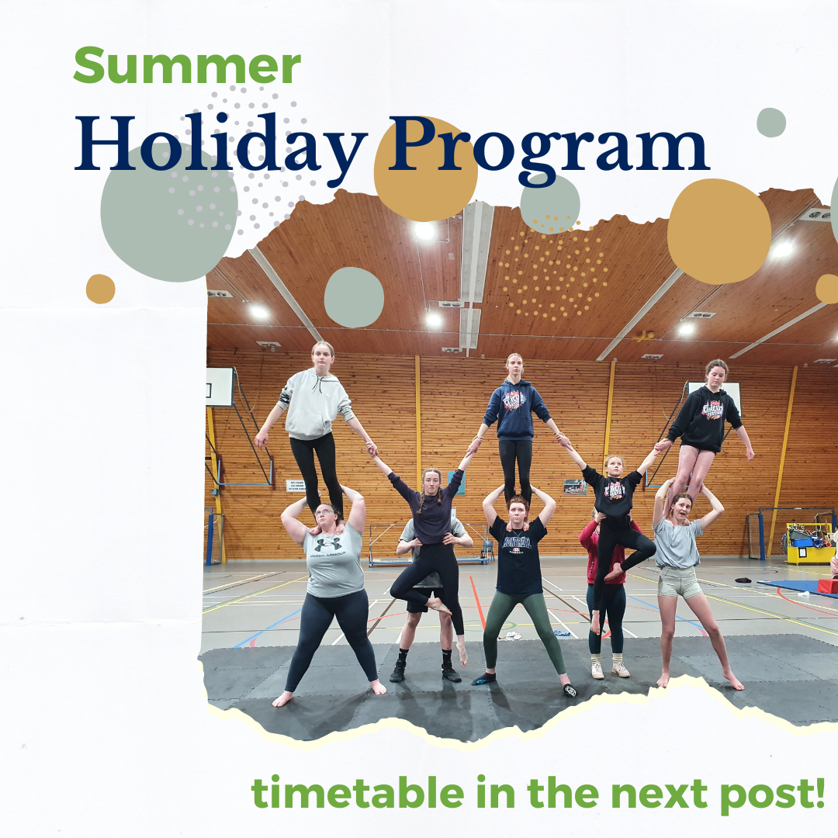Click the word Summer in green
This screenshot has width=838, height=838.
pos(187,67)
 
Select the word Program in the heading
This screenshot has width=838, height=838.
pos(547,145)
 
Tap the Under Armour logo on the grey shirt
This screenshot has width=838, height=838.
pos(329,545)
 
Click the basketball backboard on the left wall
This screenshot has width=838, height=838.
pos(220,386)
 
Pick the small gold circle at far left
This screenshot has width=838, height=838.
pos(100,289)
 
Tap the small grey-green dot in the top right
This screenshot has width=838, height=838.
pos(770,123)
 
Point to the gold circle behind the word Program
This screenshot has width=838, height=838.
pos(425,169)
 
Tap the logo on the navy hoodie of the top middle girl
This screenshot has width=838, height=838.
pos(514,400)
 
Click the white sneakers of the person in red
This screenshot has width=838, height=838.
pos(608,669)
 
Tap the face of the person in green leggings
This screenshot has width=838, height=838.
pos(518,509)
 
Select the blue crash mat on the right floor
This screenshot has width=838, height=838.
pos(788,585)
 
